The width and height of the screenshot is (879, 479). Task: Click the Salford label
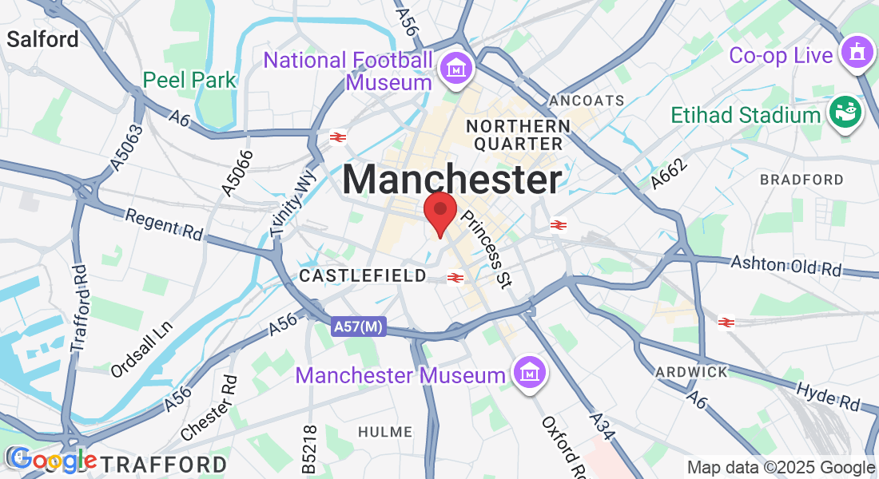pos(43,39)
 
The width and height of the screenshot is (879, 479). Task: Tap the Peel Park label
pos(190,80)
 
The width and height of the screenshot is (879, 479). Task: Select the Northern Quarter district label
pos(518,135)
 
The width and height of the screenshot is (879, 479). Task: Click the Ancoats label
pos(587,101)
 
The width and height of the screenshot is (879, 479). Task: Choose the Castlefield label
pos(363,276)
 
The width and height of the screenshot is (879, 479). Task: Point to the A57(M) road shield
pos(359,327)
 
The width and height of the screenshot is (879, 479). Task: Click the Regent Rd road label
pos(165,225)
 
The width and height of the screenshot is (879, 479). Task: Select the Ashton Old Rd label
pos(786,267)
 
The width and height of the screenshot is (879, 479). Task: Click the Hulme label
pos(385,432)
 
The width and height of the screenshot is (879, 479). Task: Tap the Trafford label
pos(163,464)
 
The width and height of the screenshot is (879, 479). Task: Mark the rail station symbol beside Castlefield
pos(455,277)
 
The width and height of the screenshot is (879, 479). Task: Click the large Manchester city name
pos(452,180)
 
